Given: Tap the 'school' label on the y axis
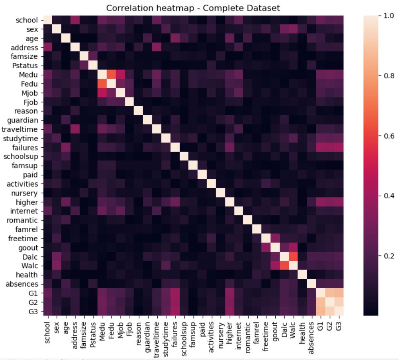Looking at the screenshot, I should [27, 20].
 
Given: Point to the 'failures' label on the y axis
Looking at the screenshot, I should [27, 147].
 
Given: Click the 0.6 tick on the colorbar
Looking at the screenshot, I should [386, 136].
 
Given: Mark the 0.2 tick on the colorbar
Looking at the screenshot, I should [386, 256].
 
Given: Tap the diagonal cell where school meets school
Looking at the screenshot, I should [47, 20].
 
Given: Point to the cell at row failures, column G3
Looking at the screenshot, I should [339, 147].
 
